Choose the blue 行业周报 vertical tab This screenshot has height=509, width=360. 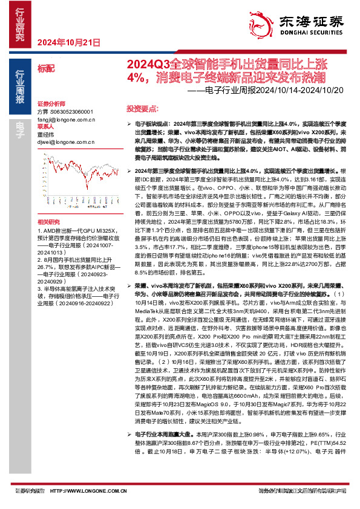[x=20, y=89]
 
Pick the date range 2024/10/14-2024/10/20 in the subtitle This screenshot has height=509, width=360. [x=303, y=91]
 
